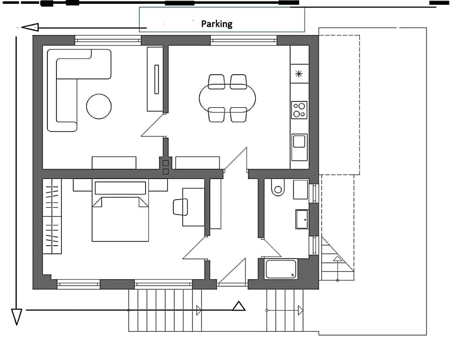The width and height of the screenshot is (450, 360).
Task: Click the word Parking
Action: (x=217, y=24)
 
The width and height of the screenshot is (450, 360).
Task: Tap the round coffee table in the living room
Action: (x=99, y=106)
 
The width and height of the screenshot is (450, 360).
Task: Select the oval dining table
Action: (x=227, y=98)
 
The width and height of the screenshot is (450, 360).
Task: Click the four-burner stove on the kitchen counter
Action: (x=299, y=110)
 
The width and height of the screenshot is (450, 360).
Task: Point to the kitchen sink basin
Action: (x=299, y=142)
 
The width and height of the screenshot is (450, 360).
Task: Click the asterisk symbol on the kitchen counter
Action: (x=299, y=74)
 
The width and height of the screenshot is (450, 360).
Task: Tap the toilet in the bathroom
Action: (x=278, y=188)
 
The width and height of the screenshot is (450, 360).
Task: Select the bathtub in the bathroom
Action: (x=281, y=269)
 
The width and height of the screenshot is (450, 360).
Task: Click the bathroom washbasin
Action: (x=302, y=219)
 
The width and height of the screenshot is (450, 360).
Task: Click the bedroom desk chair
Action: (x=180, y=207)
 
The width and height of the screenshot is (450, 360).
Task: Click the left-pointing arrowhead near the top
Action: (x=30, y=27)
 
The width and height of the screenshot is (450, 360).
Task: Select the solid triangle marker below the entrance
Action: (x=239, y=306)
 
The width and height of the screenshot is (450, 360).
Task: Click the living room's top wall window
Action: (x=108, y=41)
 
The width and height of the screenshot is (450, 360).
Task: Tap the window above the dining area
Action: (x=244, y=41)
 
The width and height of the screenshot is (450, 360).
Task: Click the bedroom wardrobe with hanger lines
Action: (x=52, y=216)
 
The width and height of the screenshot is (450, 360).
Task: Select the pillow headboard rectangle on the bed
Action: (x=120, y=188)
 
